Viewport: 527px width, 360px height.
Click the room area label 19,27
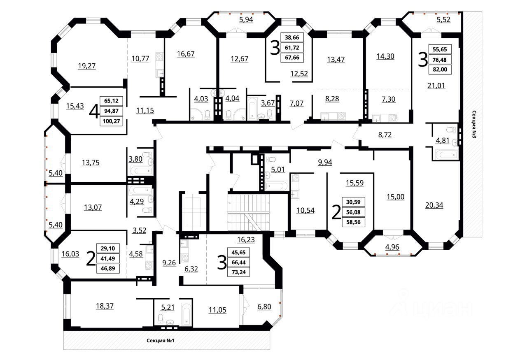87,66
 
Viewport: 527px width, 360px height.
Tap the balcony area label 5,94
246,19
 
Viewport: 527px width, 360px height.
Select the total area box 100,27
111,121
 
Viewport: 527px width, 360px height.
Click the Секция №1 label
160,341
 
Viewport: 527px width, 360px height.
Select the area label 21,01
436,86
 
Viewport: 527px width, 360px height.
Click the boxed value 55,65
440,49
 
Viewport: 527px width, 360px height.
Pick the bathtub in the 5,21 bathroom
187,314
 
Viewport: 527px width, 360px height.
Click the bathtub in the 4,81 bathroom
447,155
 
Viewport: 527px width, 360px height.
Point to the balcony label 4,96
392,247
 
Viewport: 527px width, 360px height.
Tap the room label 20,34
434,205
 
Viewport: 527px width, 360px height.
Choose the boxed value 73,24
238,272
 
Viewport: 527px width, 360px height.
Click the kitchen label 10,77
140,58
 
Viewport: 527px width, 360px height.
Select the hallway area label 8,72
385,135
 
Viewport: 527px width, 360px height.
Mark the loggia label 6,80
264,307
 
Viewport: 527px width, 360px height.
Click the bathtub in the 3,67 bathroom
252,109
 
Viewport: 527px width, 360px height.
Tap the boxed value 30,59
353,202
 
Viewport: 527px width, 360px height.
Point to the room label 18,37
105,306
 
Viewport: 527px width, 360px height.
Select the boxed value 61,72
292,47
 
